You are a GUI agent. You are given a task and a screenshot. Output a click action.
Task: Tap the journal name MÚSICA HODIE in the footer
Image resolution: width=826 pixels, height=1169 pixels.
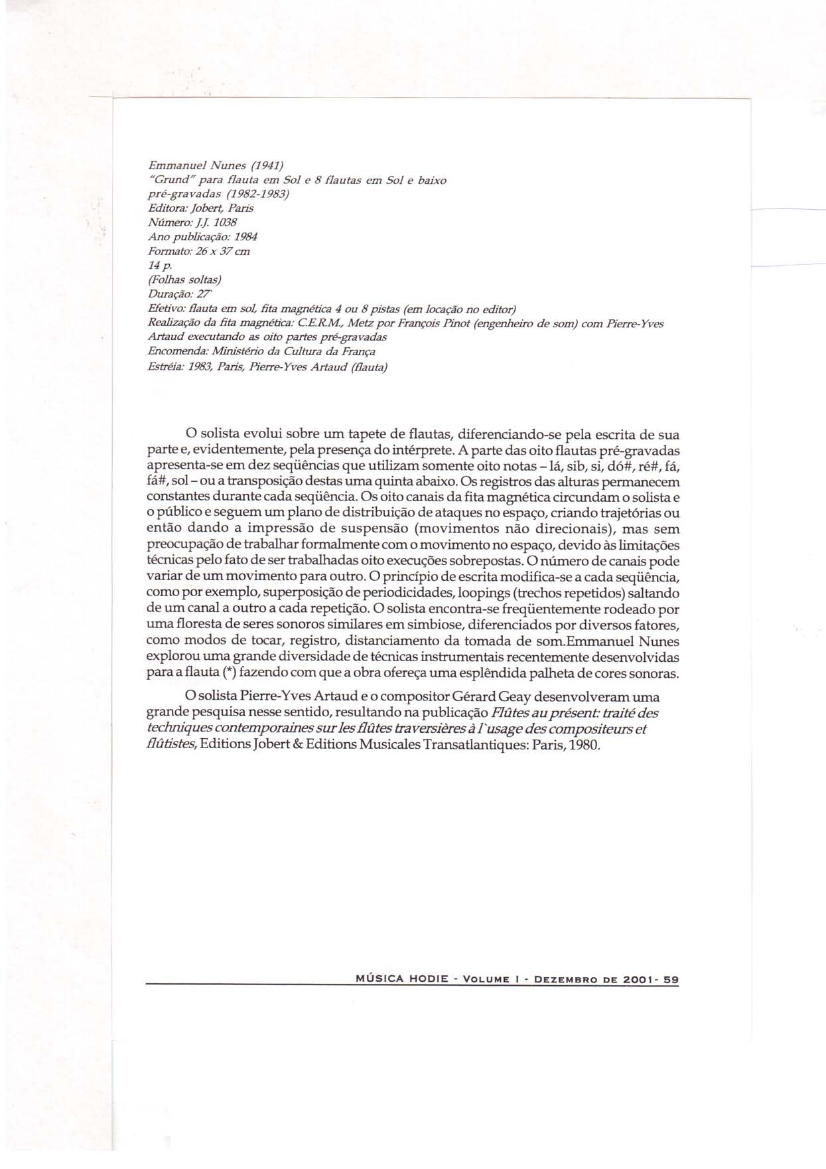(398, 979)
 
